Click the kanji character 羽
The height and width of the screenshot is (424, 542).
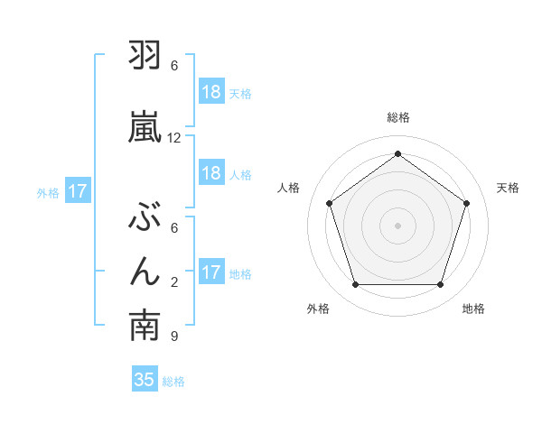(145, 58)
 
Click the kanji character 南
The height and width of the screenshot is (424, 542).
(145, 327)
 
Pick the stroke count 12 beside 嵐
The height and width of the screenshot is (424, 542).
(174, 138)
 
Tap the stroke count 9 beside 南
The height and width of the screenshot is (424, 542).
(174, 336)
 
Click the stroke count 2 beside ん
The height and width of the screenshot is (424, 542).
(174, 282)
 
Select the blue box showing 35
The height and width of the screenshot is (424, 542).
(145, 380)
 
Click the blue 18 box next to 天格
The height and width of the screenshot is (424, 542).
(211, 92)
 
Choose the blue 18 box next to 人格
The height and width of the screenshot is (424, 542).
(211, 173)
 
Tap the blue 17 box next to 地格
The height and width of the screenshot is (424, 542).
(211, 272)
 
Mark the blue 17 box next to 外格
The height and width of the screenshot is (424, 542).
(78, 191)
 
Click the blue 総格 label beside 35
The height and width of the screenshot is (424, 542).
(173, 381)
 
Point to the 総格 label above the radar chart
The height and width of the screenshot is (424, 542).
(397, 117)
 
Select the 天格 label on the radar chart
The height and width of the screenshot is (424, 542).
(508, 188)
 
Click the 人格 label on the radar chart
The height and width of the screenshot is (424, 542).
(288, 188)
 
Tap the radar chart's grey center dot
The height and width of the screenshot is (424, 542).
(397, 225)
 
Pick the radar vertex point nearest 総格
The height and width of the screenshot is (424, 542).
(397, 153)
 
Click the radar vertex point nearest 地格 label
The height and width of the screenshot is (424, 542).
(440, 285)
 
